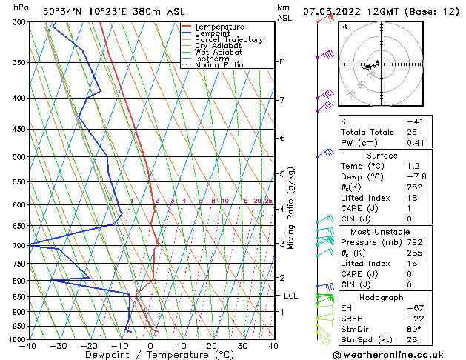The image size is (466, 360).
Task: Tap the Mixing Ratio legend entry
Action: coord(219,65)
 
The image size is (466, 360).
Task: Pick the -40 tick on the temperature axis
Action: coord(29,346)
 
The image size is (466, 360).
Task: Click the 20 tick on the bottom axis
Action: coord(211,346)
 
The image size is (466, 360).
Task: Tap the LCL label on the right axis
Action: coord(291,296)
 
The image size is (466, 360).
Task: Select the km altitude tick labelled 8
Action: coord(282,61)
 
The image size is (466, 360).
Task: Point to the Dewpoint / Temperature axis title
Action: coord(151,355)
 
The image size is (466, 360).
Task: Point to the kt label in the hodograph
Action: coord(344,26)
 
